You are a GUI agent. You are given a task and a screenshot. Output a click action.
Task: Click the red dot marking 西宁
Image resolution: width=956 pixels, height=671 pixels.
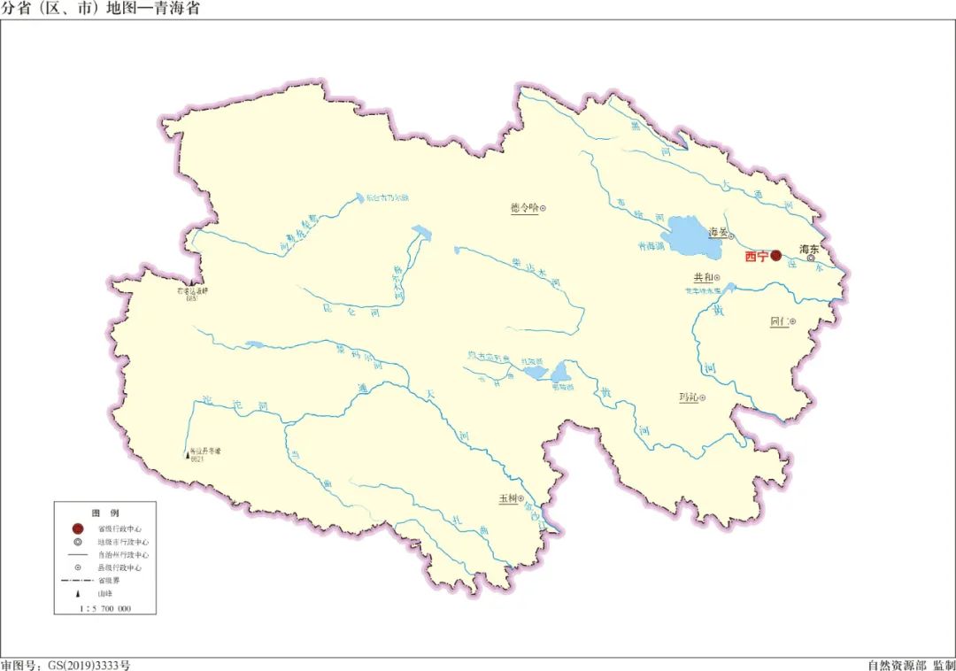point(776,256)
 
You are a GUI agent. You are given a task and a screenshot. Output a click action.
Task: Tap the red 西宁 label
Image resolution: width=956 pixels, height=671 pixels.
point(757,257)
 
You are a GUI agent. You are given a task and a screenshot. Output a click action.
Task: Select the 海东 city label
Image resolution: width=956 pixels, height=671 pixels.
point(809,250)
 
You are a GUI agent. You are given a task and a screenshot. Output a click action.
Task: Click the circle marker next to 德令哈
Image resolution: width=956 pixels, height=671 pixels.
point(544,209)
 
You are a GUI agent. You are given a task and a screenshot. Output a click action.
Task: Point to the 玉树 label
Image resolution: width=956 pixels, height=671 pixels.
point(507,499)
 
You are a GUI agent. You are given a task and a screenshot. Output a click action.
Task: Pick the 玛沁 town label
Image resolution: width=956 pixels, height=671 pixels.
point(688,398)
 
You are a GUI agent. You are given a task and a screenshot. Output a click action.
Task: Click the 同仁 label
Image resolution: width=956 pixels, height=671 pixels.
point(780,321)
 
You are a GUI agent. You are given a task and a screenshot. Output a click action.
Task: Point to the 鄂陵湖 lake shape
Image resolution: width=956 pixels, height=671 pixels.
point(562,370)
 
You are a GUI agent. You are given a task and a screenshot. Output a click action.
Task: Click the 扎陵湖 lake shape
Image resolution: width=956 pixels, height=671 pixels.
point(535,373)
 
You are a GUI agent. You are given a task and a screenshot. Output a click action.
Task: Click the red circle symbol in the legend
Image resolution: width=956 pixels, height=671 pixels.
point(78,528)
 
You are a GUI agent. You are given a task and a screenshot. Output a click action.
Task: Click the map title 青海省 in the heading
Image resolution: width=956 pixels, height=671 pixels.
point(177,8)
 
